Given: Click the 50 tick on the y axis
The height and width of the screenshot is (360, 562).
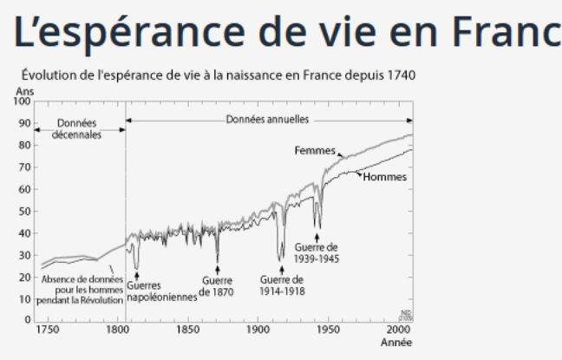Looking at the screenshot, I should click(x=24, y=211).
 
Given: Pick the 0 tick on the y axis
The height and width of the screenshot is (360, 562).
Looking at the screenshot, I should click(x=27, y=320).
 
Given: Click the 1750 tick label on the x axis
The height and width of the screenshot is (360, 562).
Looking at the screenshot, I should click(x=47, y=331).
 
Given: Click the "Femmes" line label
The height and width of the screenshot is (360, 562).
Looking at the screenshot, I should click(x=315, y=151).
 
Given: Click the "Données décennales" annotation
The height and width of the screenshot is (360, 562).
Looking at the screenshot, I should click(x=77, y=129).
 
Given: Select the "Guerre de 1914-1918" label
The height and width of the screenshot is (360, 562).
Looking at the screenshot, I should click(x=282, y=285).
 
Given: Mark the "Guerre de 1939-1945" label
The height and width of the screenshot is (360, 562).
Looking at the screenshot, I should click(x=317, y=252).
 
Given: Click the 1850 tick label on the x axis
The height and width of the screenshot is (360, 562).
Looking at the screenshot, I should click(x=187, y=331).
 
